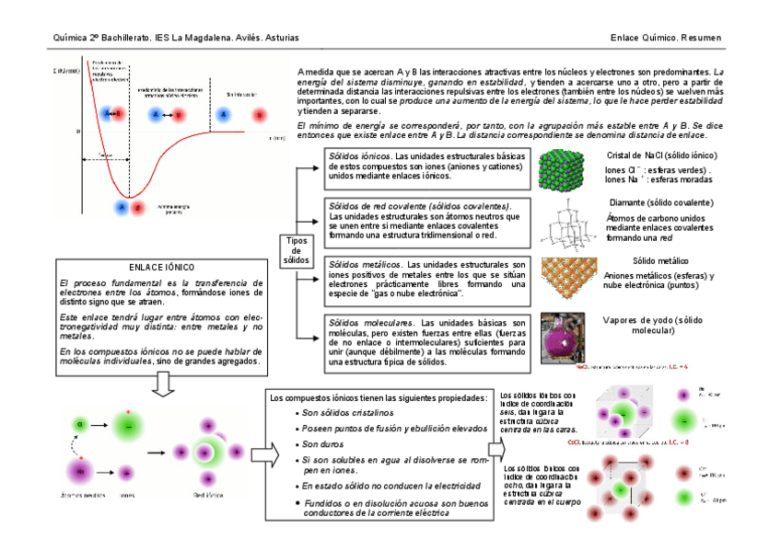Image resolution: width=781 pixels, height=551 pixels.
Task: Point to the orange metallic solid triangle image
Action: [x=567, y=277]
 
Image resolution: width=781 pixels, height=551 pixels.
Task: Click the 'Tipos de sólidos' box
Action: [x=297, y=248]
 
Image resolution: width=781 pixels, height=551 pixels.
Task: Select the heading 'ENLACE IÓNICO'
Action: [x=162, y=267]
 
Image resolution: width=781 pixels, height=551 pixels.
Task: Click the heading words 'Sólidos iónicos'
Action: [x=360, y=156]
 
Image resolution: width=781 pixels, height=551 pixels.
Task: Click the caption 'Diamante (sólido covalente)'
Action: [x=661, y=202]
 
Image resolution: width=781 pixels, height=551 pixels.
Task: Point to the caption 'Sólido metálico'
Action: [x=661, y=261]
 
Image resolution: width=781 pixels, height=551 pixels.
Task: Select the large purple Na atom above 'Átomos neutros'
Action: [x=81, y=471]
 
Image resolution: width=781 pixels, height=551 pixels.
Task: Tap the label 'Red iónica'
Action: [x=207, y=495]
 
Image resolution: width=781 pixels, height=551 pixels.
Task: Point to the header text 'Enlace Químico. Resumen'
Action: [x=666, y=38]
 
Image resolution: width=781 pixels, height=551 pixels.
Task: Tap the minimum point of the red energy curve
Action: [x=132, y=195]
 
